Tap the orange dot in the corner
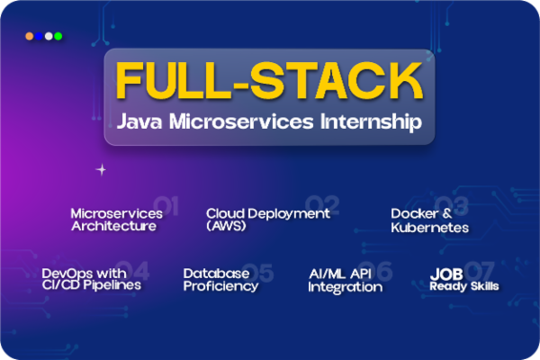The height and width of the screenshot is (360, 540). click(30, 36)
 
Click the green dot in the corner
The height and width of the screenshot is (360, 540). click(58, 36)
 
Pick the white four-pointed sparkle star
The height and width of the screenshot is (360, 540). click(102, 168)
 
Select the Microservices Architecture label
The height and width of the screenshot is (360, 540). click(116, 220)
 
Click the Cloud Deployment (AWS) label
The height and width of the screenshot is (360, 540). click(268, 220)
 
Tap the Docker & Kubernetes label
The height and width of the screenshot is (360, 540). click(429, 220)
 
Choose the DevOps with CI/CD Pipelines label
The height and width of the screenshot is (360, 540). click(91, 279)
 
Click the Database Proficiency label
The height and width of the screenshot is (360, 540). click(221, 279)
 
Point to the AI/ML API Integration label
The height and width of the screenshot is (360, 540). click(345, 280)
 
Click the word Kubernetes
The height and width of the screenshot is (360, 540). click(429, 228)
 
